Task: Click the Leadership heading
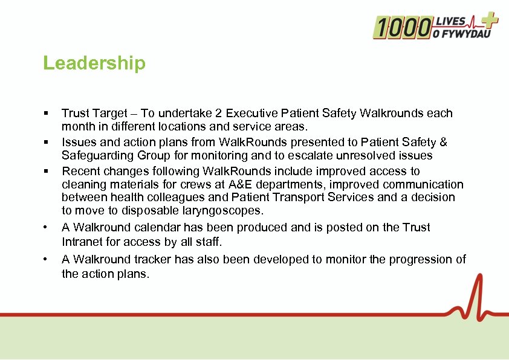(94, 63)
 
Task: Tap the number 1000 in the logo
(401, 27)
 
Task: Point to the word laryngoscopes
(225, 211)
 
